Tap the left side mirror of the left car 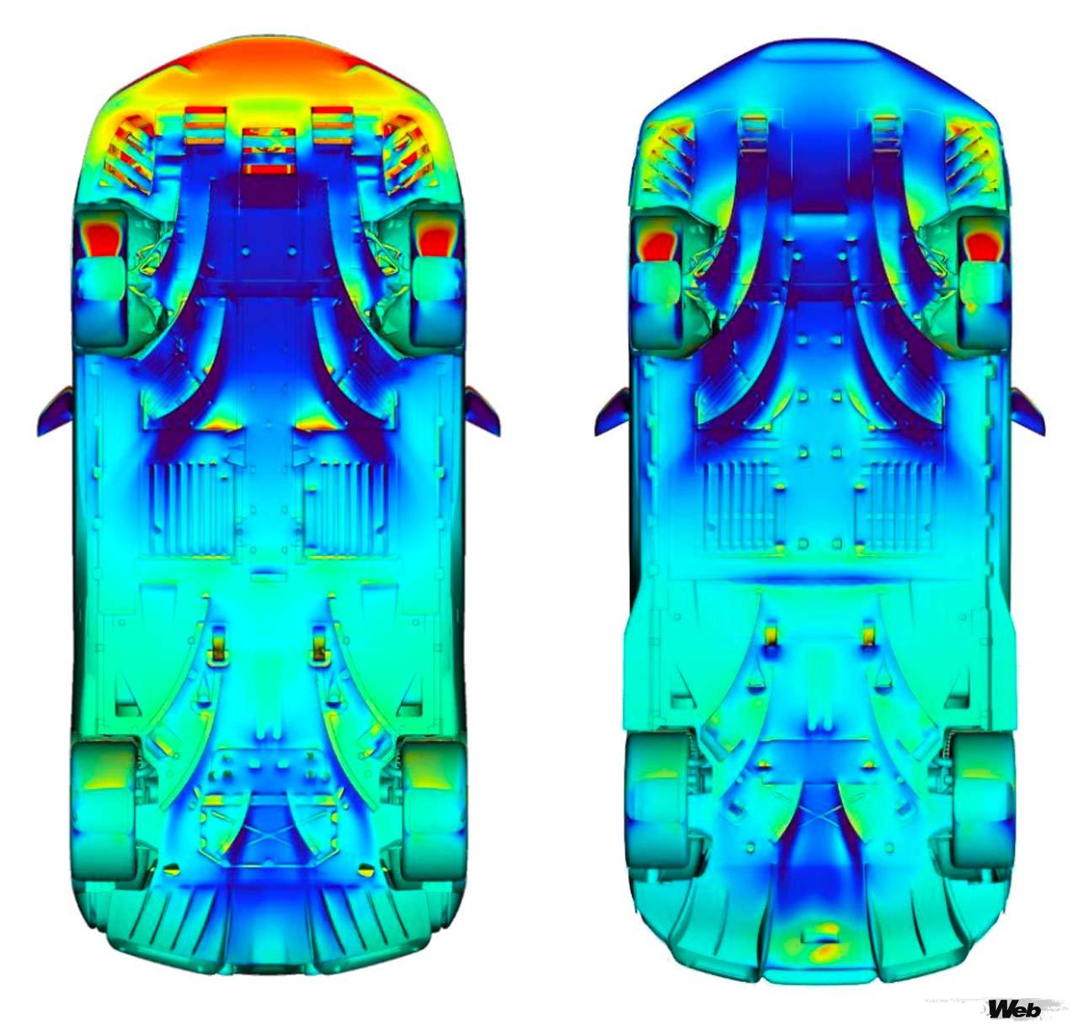pyautogui.click(x=56, y=410)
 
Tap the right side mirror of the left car pyautogui.click(x=483, y=410)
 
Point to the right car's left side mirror pyautogui.click(x=612, y=411)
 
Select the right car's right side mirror pyautogui.click(x=1028, y=411)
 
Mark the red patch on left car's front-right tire pyautogui.click(x=436, y=237)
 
